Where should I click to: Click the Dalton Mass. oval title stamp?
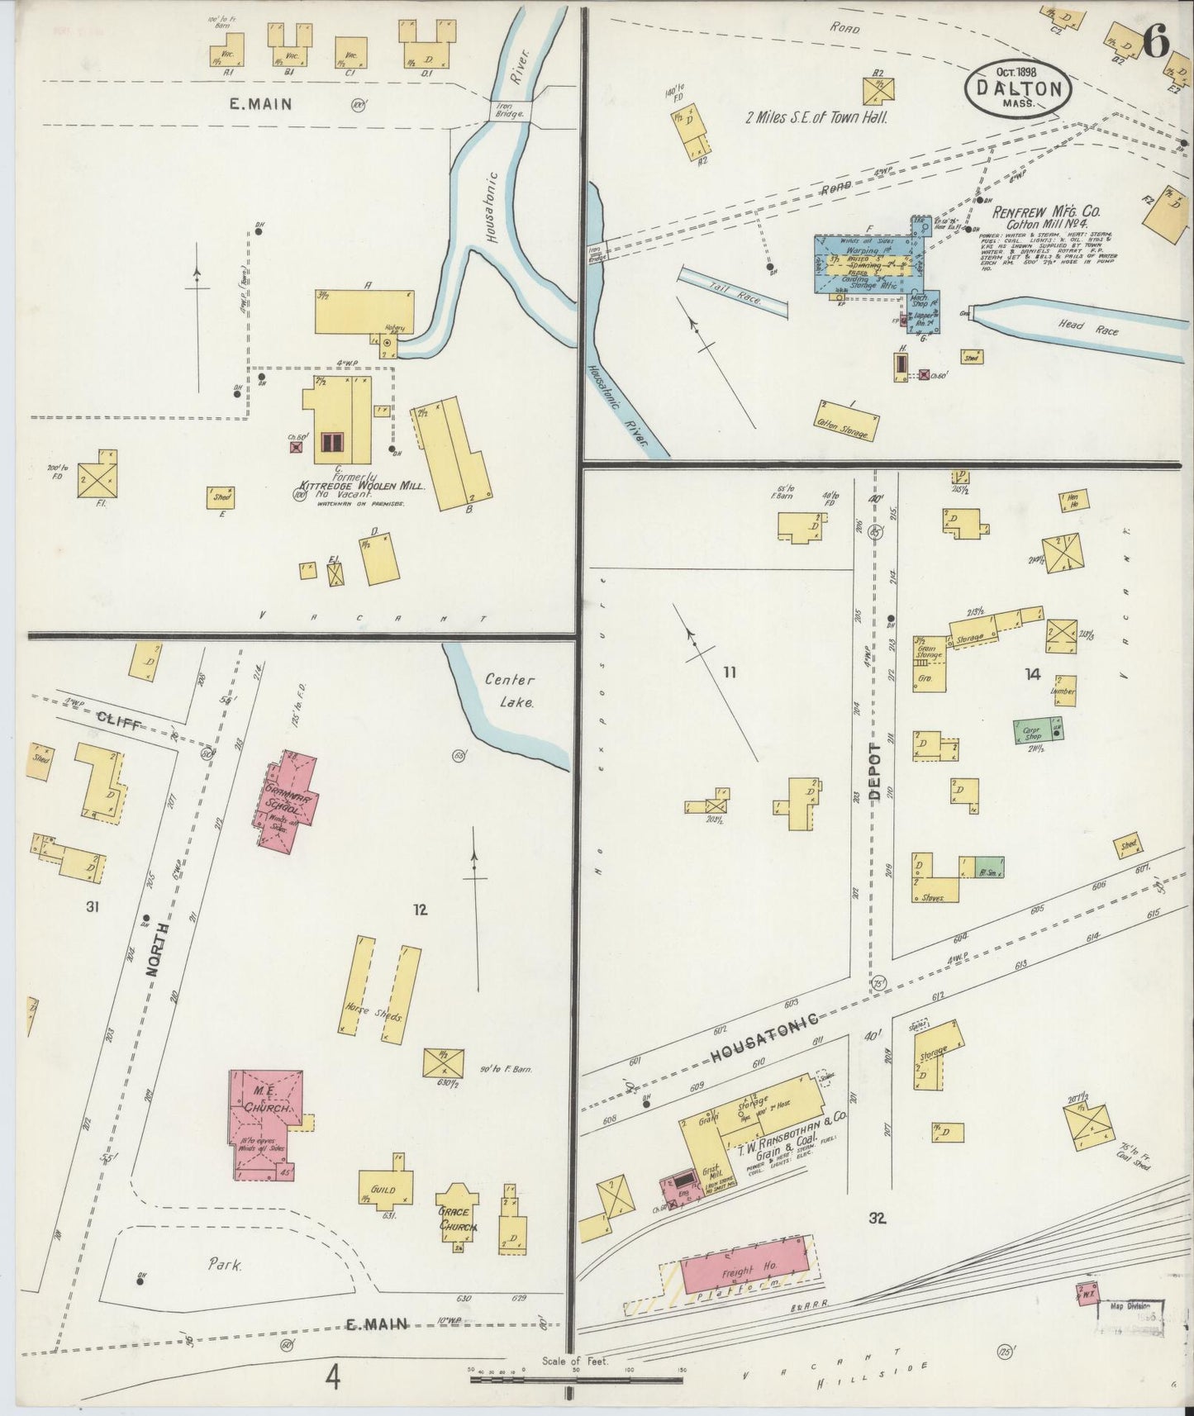(1018, 88)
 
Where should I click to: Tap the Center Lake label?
(509, 691)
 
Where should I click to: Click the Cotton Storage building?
(847, 421)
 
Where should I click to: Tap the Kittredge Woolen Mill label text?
(364, 486)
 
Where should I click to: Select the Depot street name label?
(876, 772)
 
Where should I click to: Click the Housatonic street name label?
(763, 1038)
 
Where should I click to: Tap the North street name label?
(159, 950)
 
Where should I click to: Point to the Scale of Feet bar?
(576, 1379)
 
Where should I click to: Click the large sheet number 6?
(1156, 41)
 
